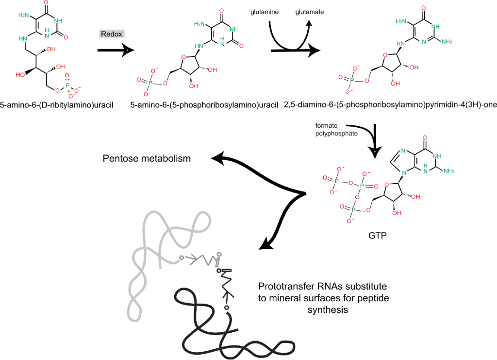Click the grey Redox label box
pos(112,34)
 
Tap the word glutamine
pos(264,12)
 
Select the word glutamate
pos(310,12)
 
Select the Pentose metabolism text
pos(147,159)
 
